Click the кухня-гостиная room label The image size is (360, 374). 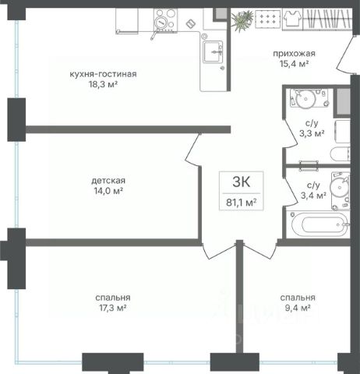[x=103, y=74]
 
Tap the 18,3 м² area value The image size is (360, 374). [x=103, y=84]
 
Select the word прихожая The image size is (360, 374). [x=294, y=54]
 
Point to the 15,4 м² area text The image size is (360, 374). [x=294, y=64]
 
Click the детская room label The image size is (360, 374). [x=108, y=180]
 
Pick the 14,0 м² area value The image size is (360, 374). [x=108, y=191]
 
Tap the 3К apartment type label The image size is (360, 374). [x=242, y=182]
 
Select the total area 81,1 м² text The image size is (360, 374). [x=242, y=202]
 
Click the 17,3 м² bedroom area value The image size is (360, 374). [x=113, y=308]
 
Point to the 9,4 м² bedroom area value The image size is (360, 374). [x=298, y=308]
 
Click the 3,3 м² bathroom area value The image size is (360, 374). [x=312, y=133]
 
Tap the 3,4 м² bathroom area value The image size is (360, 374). [x=313, y=196]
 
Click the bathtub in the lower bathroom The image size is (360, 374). [x=320, y=224]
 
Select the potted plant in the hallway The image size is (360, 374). [x=242, y=20]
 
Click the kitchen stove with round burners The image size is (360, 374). [x=165, y=21]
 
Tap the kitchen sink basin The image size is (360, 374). [x=213, y=51]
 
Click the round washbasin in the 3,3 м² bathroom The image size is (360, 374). [x=306, y=98]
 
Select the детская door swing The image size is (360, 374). [x=192, y=150]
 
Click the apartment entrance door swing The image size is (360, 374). [x=344, y=54]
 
